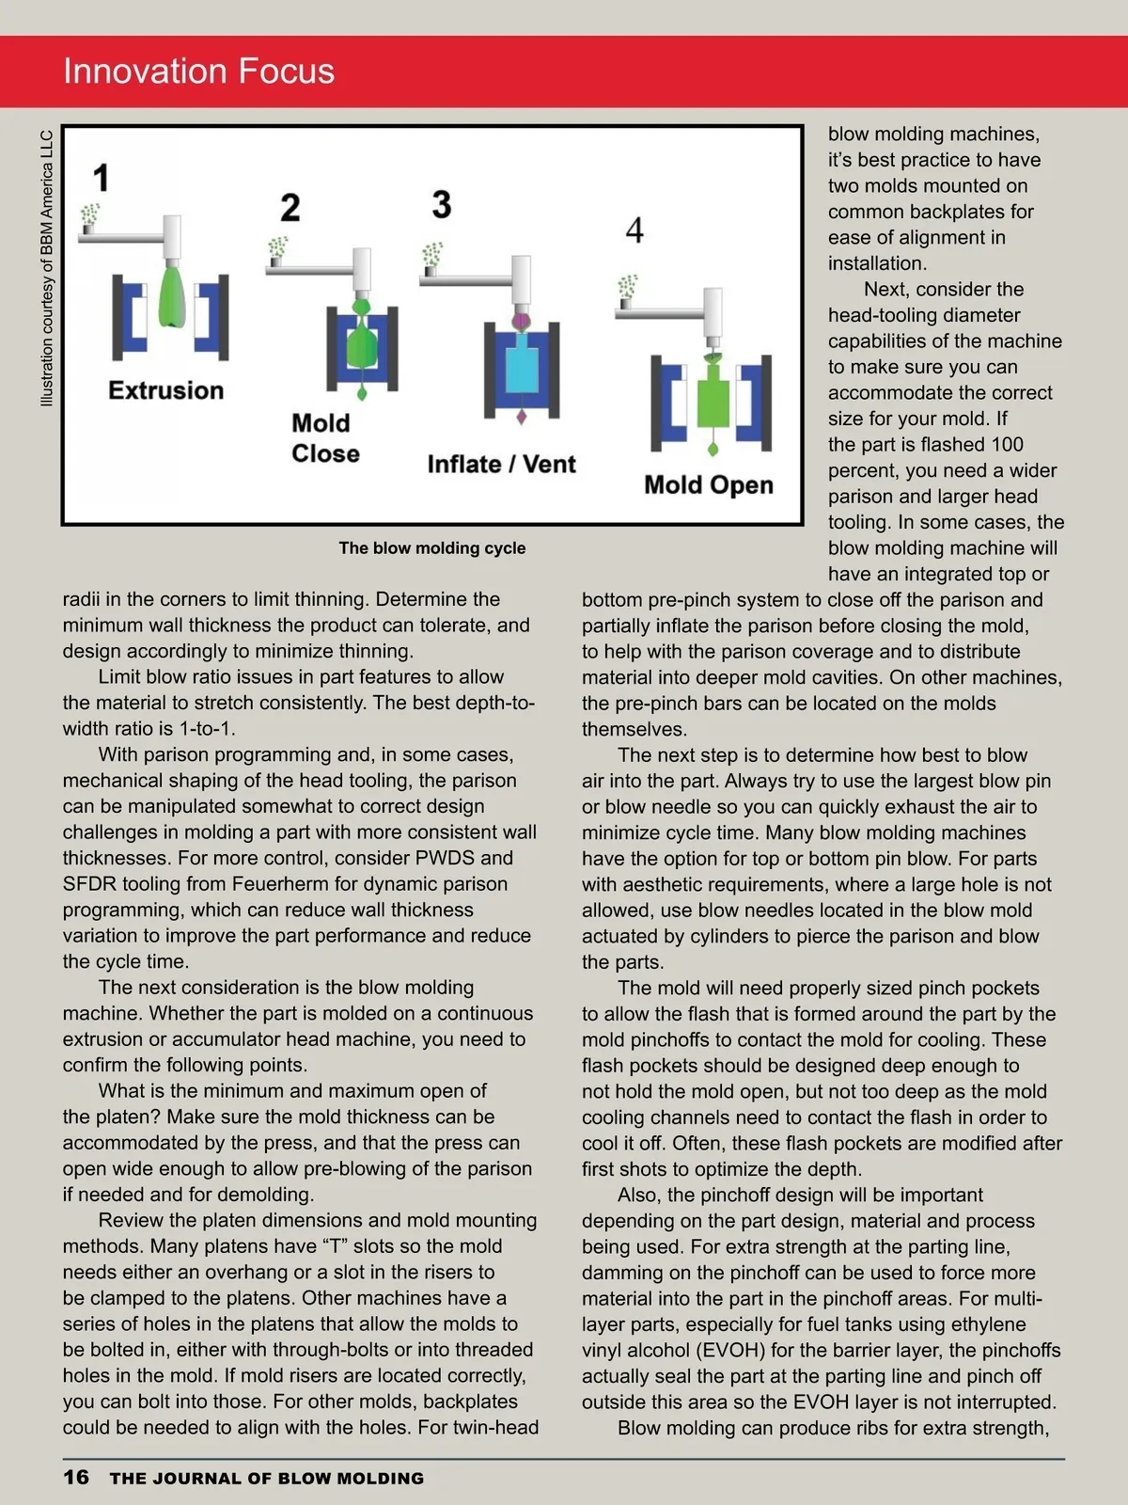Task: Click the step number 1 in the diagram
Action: click(x=102, y=178)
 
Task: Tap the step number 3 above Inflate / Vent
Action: click(x=442, y=204)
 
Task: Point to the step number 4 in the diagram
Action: click(x=634, y=230)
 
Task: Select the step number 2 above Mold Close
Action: click(x=290, y=208)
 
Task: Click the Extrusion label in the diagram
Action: click(x=166, y=390)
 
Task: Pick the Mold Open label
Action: click(x=709, y=485)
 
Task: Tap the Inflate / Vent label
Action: click(x=501, y=465)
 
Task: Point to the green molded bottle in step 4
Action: click(x=713, y=398)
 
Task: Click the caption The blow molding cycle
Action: click(x=432, y=548)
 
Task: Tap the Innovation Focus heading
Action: click(x=198, y=71)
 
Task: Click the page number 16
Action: click(x=76, y=1477)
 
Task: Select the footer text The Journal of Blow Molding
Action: click(x=267, y=1479)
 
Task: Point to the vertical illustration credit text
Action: click(x=47, y=268)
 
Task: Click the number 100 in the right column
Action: click(x=1007, y=445)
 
